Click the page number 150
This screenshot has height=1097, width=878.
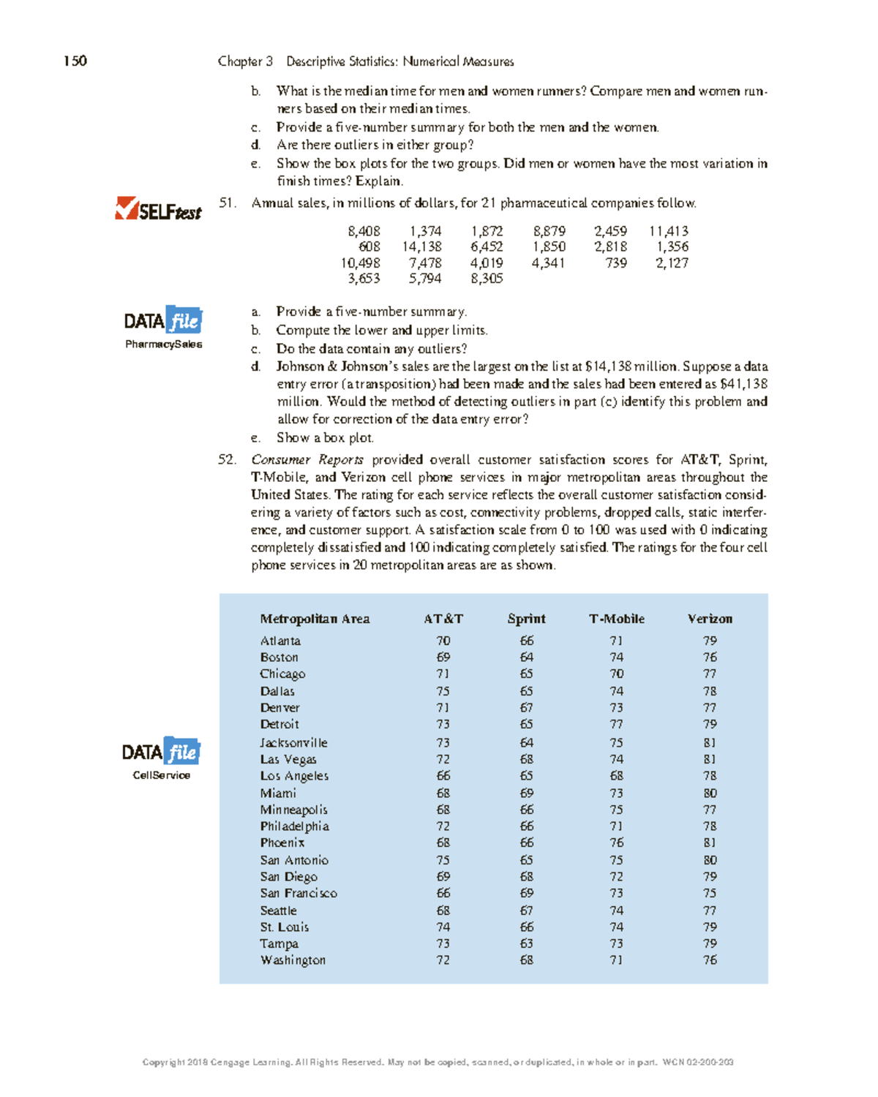click(75, 61)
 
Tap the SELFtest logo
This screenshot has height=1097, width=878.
click(158, 210)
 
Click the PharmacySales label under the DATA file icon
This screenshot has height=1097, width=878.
click(163, 344)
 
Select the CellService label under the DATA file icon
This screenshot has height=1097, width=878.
click(161, 775)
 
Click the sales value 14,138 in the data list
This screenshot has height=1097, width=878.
click(421, 247)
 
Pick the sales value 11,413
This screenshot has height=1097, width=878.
click(668, 231)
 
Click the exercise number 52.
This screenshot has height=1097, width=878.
click(227, 460)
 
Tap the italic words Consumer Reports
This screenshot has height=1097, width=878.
click(307, 460)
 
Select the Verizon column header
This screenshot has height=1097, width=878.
click(709, 619)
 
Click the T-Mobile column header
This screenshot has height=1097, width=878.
click(616, 619)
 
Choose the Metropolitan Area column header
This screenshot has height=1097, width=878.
click(315, 619)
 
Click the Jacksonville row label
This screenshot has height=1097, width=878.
click(293, 742)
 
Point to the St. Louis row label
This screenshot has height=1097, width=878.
click(284, 927)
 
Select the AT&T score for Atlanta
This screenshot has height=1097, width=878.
click(443, 641)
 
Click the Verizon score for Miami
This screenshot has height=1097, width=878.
click(710, 793)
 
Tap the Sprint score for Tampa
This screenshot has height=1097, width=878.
click(526, 944)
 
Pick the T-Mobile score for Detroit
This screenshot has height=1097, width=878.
click(616, 725)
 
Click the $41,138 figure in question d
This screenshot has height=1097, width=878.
click(743, 384)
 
